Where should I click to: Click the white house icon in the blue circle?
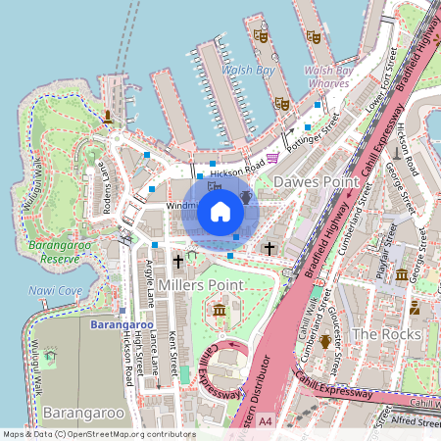click(x=220, y=209)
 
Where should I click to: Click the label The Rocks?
click(x=386, y=334)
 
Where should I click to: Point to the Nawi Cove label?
click(x=56, y=291)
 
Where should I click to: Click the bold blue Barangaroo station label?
click(x=122, y=323)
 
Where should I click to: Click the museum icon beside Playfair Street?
click(x=402, y=275)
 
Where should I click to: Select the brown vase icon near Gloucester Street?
click(x=325, y=368)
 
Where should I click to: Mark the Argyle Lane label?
click(x=145, y=280)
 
